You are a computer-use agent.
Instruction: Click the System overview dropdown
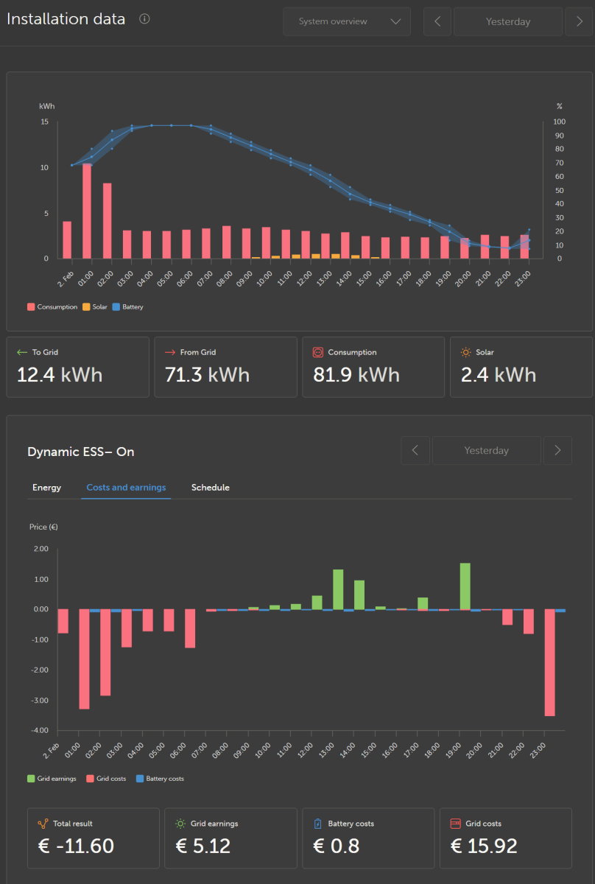pos(347,21)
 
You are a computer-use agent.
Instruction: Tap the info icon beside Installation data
pos(144,19)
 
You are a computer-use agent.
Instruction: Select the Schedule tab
pos(210,488)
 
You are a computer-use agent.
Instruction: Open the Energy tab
pos(46,488)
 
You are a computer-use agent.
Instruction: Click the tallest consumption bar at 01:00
pos(87,211)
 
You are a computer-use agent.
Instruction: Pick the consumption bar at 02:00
pos(107,220)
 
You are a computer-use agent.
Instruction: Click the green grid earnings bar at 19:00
pos(465,586)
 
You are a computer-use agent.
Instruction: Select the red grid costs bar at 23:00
pos(549,662)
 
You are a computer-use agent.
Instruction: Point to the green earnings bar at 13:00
pos(338,589)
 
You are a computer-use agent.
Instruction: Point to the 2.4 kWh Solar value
pos(498,375)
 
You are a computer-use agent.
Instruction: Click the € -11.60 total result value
pos(76,846)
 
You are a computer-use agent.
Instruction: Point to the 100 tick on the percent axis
pos(560,122)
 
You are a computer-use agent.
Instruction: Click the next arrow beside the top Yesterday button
pos(578,21)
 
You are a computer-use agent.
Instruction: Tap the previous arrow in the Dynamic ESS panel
pos(415,450)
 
